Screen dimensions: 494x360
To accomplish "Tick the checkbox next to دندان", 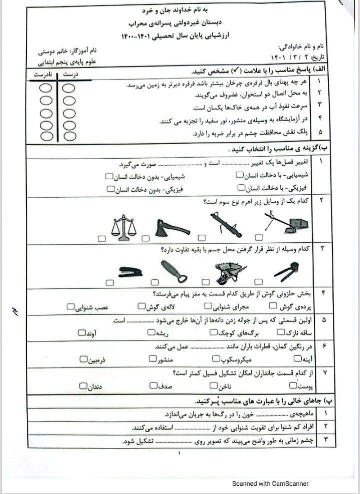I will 83,385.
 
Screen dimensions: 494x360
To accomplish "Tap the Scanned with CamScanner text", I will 269,483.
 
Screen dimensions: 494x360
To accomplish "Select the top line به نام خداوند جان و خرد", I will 180,10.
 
